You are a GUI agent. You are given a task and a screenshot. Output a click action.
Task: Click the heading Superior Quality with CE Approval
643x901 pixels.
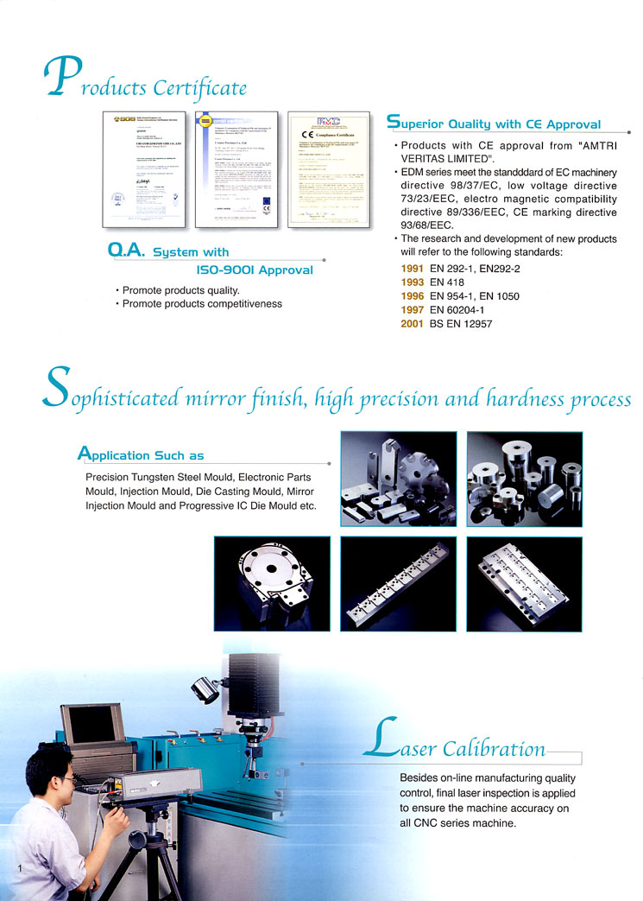click(x=495, y=124)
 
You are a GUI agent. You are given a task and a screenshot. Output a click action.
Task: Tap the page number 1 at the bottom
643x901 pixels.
click(x=17, y=866)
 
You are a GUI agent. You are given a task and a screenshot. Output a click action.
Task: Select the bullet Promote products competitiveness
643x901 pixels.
click(x=202, y=304)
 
